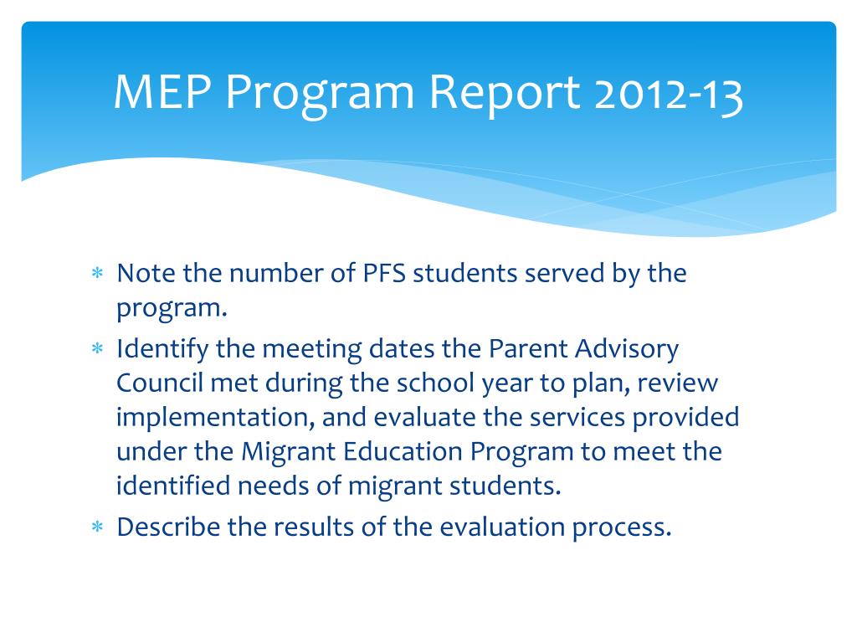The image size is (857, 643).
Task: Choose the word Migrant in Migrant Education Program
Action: pyautogui.click(x=288, y=452)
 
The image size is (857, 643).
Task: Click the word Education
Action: pyautogui.click(x=404, y=452)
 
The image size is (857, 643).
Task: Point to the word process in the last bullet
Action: pyautogui.click(x=619, y=527)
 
